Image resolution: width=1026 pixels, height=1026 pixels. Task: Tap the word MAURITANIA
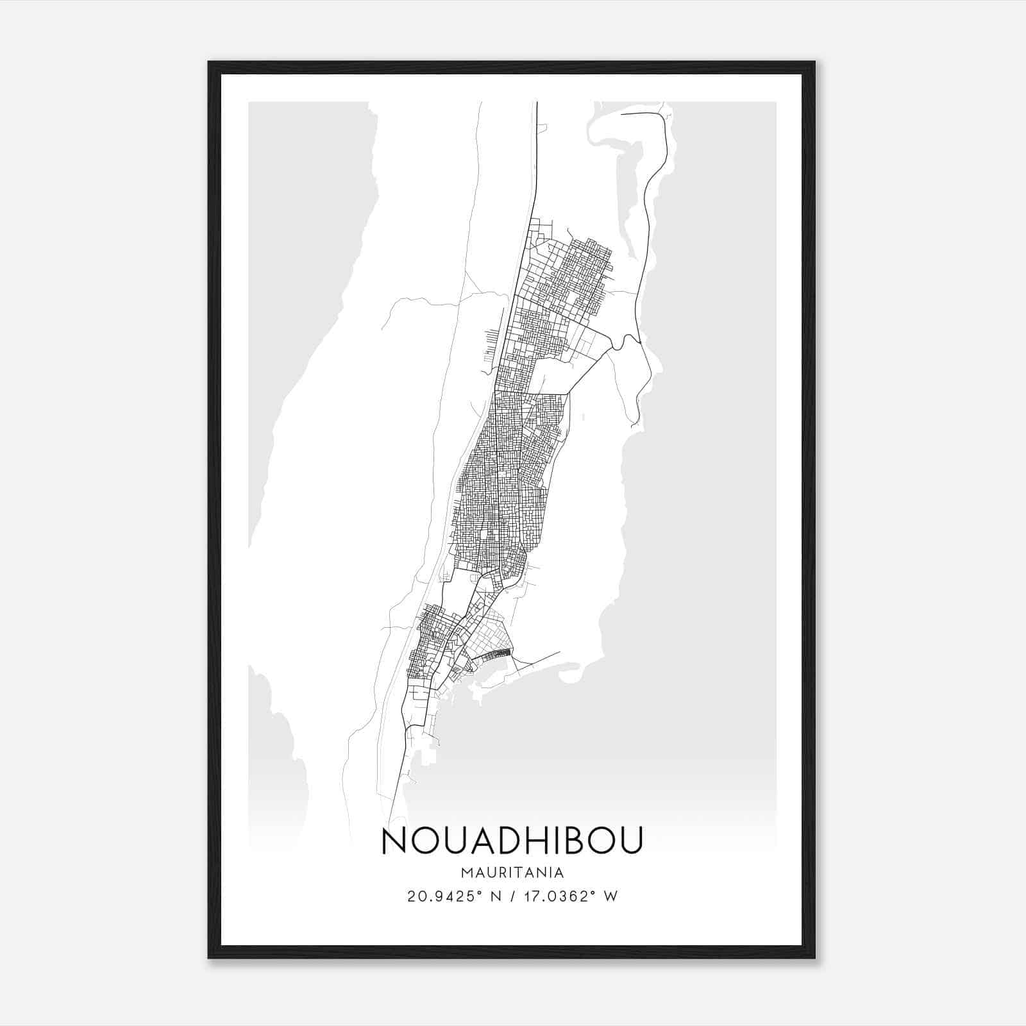pos(512,873)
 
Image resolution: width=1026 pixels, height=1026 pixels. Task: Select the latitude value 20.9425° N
pos(446,896)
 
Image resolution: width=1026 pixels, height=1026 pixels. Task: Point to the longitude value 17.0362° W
pos(571,896)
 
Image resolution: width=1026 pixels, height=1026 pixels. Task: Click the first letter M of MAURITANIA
pos(466,873)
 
